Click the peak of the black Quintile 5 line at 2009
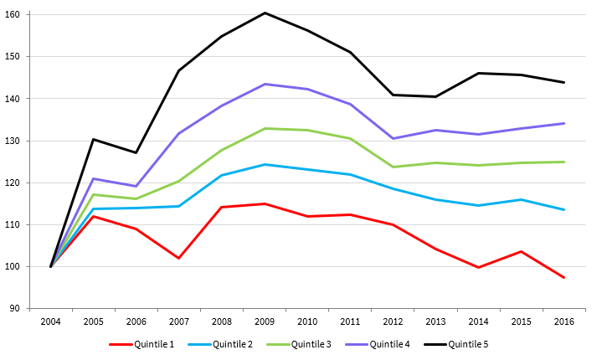coord(265,13)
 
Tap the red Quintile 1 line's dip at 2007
coord(179,258)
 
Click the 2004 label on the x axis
coord(51,321)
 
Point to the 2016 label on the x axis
coord(564,321)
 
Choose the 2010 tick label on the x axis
coord(307,321)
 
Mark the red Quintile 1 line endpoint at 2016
coord(564,277)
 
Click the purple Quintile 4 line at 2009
coord(265,84)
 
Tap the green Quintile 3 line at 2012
coord(393,167)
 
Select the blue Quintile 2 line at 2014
coord(478,205)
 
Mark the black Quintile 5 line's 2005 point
coord(94,139)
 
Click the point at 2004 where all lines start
coord(51,266)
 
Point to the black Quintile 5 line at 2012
coord(393,95)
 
